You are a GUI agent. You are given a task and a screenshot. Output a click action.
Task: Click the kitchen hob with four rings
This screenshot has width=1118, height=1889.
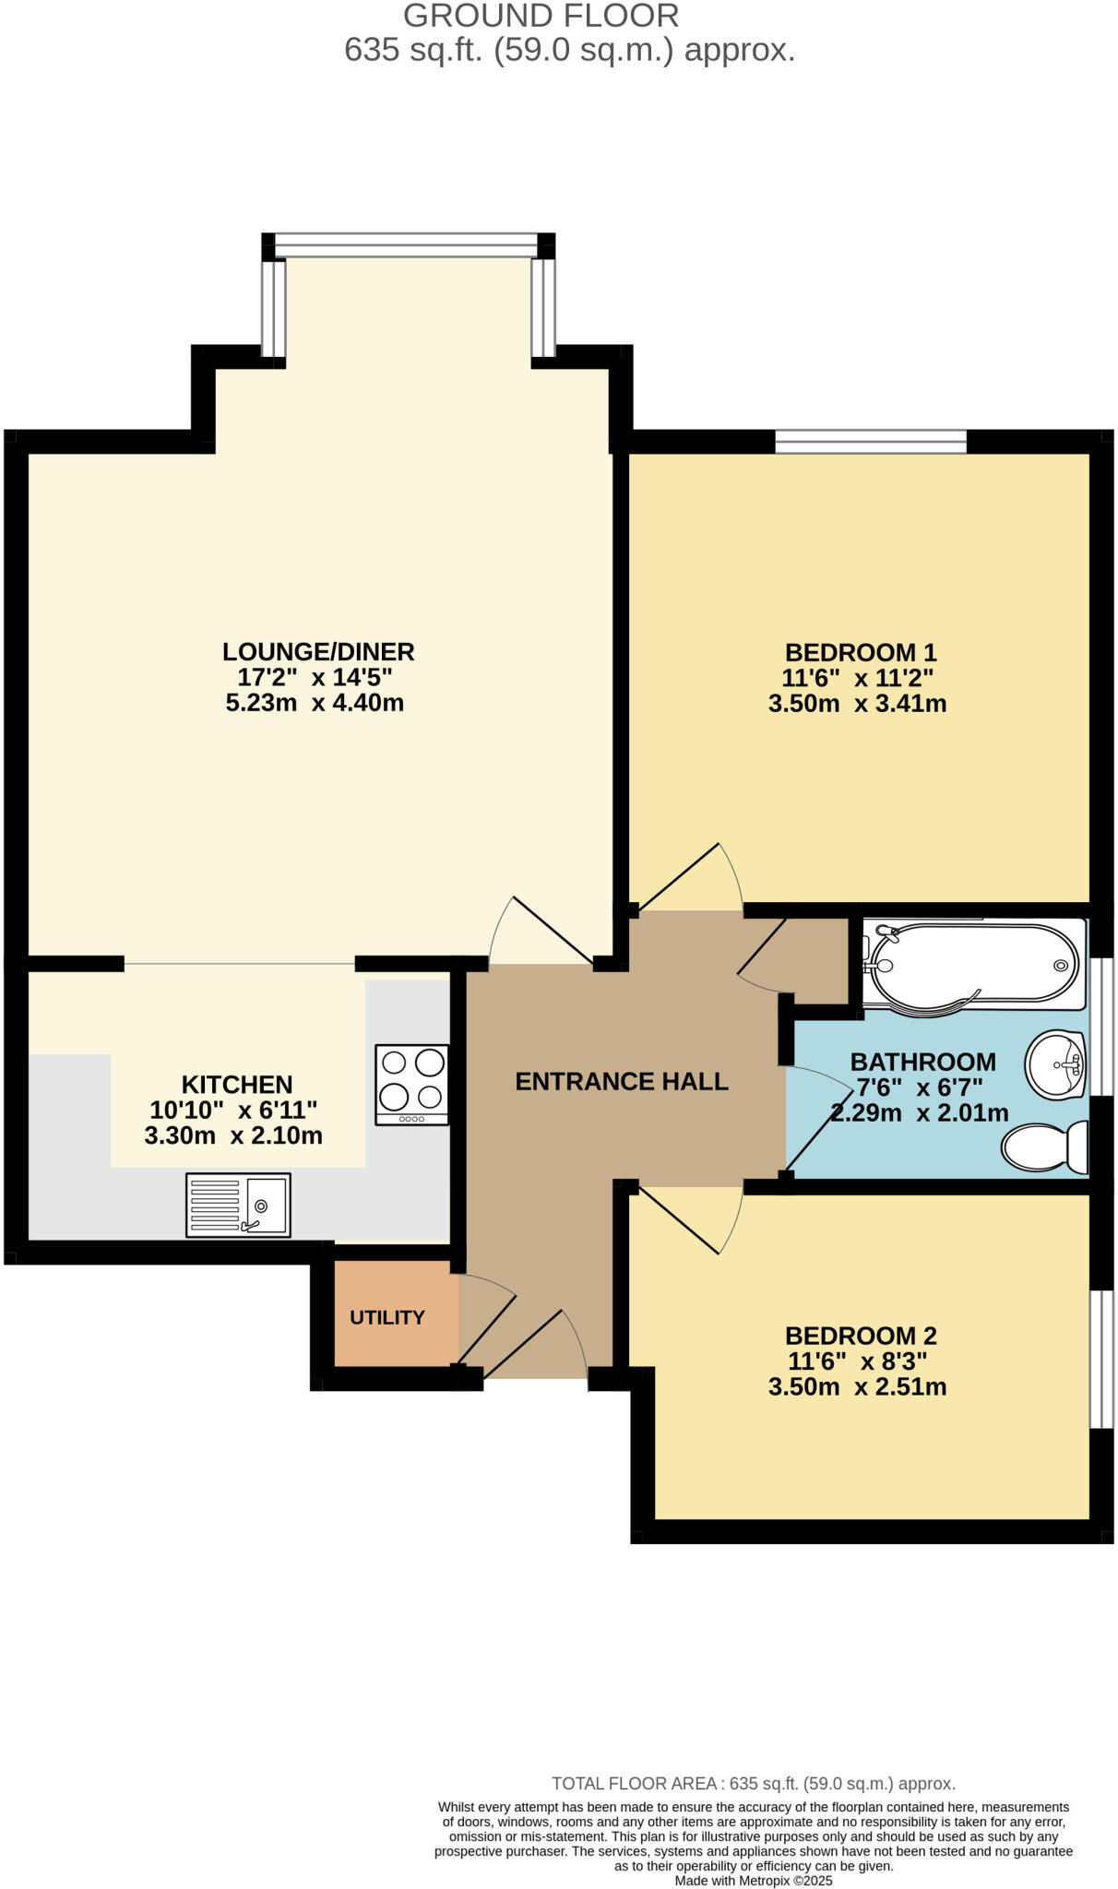412,1084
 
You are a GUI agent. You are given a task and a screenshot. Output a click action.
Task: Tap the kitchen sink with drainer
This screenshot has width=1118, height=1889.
238,1205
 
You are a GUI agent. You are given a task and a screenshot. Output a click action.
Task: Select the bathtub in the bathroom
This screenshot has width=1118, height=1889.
973,964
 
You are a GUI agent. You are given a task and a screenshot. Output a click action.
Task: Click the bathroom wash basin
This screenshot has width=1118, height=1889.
1054,1065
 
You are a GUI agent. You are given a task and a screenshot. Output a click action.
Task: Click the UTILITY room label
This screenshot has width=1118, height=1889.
387,1317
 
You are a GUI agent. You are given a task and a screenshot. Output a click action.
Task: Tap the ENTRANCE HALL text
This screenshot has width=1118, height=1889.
622,1081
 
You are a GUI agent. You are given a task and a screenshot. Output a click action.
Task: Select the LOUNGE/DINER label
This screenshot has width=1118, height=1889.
318,652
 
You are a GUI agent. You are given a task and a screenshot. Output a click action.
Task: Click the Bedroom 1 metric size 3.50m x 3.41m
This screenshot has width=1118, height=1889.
857,704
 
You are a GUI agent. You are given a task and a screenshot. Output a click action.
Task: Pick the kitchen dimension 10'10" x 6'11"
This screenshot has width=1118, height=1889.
233,1110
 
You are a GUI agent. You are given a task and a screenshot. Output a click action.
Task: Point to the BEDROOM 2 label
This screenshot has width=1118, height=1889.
861,1336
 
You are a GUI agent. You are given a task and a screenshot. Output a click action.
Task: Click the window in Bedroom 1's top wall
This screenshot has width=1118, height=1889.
871,442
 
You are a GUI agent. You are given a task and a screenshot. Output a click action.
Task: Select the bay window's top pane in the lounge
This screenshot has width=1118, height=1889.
406,245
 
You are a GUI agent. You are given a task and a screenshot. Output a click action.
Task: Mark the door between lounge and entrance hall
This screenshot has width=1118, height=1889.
544,932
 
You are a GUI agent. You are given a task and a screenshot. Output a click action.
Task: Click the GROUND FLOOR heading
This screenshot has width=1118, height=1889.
541,16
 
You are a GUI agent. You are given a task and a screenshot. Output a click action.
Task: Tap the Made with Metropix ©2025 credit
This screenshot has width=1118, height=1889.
754,1880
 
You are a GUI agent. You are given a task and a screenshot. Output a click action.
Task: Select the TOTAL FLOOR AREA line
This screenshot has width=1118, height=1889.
753,1784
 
